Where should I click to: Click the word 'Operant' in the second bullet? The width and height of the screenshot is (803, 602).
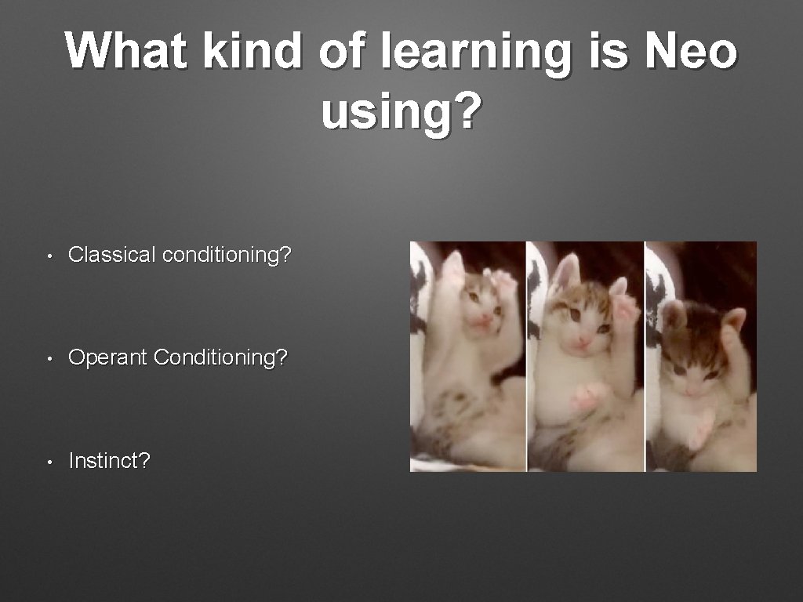tap(108, 358)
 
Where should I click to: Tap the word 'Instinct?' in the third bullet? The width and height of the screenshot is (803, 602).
tap(109, 461)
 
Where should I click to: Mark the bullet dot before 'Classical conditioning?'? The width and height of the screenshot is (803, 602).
tap(49, 256)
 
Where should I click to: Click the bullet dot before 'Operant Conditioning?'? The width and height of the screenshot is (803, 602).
tap(49, 359)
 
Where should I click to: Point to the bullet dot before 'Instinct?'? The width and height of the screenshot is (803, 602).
tap(49, 462)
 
